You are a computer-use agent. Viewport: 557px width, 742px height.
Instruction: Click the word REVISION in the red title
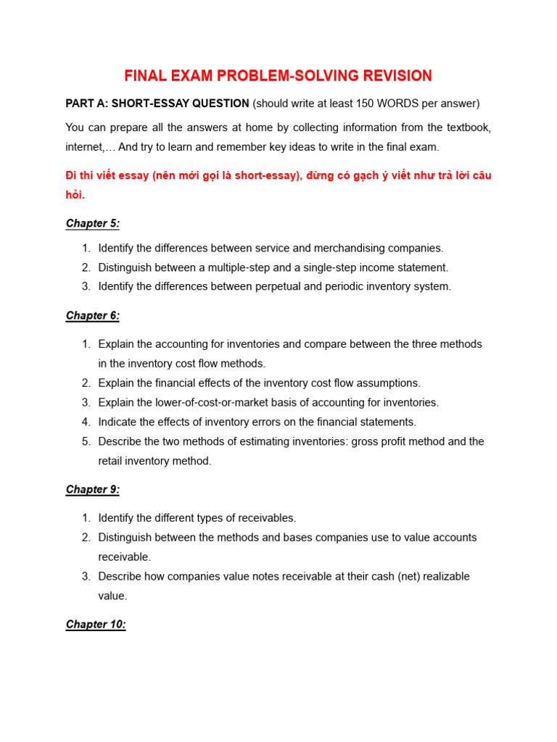(x=392, y=76)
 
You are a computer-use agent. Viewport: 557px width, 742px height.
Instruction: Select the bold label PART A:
(x=87, y=104)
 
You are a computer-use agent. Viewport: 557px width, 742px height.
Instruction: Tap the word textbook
(x=466, y=128)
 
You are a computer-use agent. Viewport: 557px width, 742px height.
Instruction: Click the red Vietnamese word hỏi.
(x=75, y=195)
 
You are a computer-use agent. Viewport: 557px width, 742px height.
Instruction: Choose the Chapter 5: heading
(x=93, y=223)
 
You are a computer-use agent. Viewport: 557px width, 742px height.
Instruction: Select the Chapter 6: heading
(x=93, y=315)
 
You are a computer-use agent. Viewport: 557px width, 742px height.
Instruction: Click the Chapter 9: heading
(x=93, y=489)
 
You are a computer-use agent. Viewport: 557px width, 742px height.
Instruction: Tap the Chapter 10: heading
(x=96, y=624)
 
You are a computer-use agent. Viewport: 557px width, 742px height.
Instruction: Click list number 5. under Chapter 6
(x=86, y=441)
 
